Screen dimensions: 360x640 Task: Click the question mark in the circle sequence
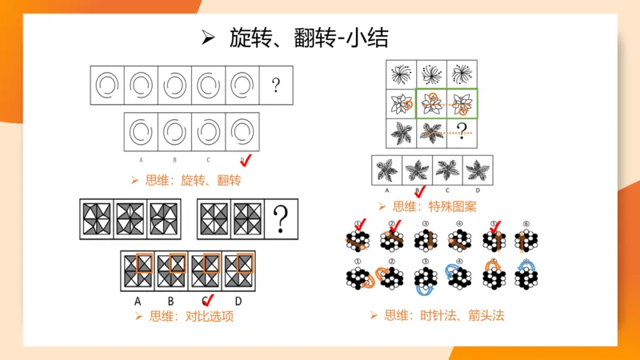[x=276, y=85]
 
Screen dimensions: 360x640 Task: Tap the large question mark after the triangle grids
[x=281, y=218]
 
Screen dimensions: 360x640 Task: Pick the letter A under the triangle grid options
[x=138, y=301]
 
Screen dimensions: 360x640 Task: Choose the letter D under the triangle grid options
[x=238, y=301]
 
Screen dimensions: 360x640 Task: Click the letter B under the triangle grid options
[x=171, y=301]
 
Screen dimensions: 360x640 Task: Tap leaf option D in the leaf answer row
[x=478, y=170]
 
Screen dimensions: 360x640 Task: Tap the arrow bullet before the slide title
[x=210, y=38]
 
